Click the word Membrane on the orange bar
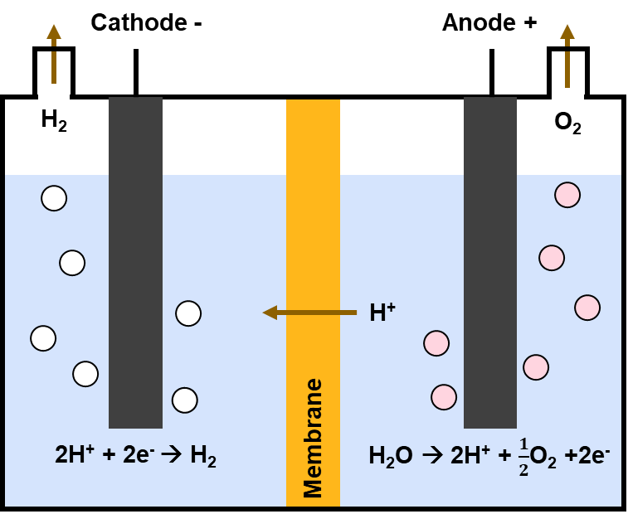pyautogui.click(x=313, y=438)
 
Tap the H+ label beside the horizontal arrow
pyautogui.click(x=382, y=313)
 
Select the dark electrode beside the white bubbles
pyautogui.click(x=135, y=262)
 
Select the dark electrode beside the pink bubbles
pyautogui.click(x=490, y=262)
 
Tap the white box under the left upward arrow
pyautogui.click(x=54, y=99)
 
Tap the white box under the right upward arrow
pyautogui.click(x=567, y=103)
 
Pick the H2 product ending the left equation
pyautogui.click(x=203, y=455)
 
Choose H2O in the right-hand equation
pyautogui.click(x=390, y=455)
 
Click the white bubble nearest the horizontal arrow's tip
pyautogui.click(x=188, y=313)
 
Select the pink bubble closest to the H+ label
pyautogui.click(x=436, y=343)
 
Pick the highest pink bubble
pyautogui.click(x=567, y=195)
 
